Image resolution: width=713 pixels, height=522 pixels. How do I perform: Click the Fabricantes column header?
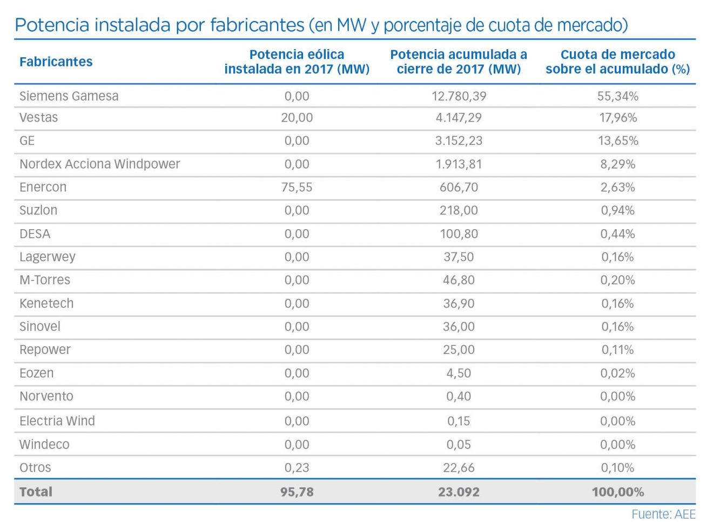[56, 62]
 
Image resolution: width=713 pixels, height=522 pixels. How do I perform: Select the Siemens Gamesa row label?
[69, 96]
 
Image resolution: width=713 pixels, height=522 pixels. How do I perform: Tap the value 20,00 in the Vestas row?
[297, 118]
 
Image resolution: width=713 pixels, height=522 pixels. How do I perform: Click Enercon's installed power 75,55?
[297, 188]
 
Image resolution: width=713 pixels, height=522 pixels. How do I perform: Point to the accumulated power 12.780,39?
[459, 96]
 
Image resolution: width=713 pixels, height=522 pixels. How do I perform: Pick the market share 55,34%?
[617, 96]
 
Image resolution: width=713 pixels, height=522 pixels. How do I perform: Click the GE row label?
[27, 141]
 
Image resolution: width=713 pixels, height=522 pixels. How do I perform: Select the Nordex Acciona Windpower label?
[99, 164]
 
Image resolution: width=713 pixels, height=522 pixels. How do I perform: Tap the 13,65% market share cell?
[617, 141]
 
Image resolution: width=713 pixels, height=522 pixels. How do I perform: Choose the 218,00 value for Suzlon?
[459, 211]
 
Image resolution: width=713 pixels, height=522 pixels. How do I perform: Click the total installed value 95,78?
[297, 492]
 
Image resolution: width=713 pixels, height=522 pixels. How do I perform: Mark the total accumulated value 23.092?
[459, 492]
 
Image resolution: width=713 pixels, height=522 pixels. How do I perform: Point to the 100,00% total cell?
[617, 492]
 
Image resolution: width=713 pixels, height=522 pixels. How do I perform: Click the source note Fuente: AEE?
[663, 514]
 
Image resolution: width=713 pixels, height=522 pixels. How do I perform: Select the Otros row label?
[35, 468]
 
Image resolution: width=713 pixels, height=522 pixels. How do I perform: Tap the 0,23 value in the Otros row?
[297, 468]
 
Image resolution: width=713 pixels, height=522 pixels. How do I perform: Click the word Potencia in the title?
[52, 25]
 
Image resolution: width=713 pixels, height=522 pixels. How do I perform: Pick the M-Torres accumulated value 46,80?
[459, 280]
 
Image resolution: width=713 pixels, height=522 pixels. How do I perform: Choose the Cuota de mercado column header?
[617, 62]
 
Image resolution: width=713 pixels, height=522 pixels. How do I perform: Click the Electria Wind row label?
[57, 421]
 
